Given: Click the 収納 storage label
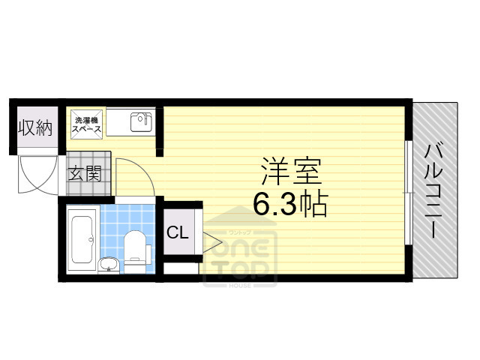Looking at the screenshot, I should point(34,128).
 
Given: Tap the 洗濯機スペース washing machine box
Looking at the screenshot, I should point(86,124).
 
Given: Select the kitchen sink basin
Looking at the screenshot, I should point(140,121).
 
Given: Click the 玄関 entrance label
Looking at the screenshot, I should point(85,175).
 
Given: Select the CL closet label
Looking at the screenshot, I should point(177,232).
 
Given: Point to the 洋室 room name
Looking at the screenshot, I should point(291,172).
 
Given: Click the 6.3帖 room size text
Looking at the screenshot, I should point(290,202).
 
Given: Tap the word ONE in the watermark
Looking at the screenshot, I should point(240,244).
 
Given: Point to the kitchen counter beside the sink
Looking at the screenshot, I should point(118,123).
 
